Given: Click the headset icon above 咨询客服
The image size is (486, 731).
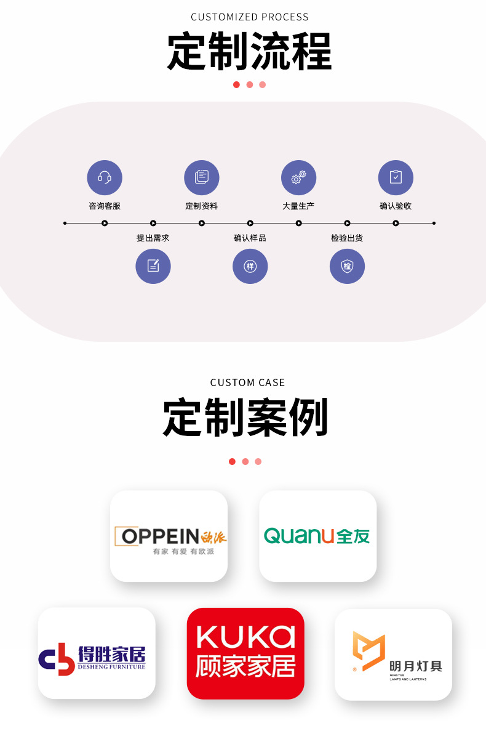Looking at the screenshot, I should coord(105,178).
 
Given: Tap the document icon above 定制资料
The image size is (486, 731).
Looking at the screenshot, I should coord(202,178).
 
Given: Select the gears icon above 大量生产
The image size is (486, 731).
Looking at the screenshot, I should coord(298,178).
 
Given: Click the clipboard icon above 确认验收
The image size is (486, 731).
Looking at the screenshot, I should coord(396,178).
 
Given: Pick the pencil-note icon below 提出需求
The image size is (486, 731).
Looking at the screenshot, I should coord(153,266).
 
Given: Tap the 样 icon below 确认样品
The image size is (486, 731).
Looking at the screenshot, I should coord(250,266).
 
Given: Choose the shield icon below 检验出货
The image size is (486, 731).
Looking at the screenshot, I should coord(347,266).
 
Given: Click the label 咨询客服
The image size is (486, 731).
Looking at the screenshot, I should coord(105,206).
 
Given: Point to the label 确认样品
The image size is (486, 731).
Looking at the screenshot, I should coord(250,238).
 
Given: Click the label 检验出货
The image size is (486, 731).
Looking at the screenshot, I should coord(347,238).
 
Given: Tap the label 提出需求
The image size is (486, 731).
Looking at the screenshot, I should coord(153,238).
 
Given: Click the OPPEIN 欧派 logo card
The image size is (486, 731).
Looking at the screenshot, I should coord(169,536).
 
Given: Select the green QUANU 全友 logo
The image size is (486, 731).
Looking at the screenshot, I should coord(317,536).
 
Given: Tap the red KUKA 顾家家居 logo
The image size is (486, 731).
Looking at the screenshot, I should coord(245,653).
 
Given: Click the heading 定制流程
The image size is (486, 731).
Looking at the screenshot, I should coord(249,52).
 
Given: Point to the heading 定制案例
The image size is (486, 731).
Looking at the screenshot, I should coord(245,418).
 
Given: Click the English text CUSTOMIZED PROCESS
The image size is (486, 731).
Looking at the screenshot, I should coord(249,17).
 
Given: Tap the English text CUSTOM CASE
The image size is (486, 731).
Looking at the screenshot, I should coord(247,382).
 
